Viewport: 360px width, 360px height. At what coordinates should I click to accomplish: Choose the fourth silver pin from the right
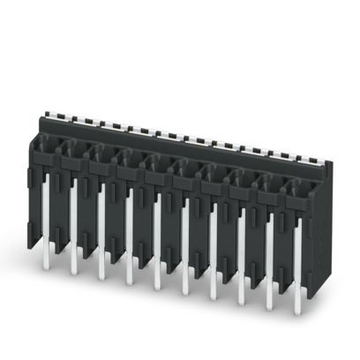212,260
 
